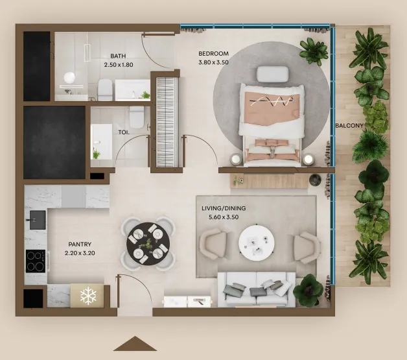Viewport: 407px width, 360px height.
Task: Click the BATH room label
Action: click(118, 56)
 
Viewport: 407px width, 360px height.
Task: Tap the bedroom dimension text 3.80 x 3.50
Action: click(213, 62)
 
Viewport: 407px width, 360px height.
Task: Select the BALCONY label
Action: click(349, 126)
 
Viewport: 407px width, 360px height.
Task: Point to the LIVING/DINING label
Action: click(224, 208)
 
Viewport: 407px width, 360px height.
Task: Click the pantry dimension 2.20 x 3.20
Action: click(80, 253)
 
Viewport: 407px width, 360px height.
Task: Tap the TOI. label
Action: click(124, 132)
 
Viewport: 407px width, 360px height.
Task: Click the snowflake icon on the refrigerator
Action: click(88, 296)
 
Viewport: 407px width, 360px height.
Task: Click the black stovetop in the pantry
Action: click(36, 261)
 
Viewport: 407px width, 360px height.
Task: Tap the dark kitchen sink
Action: click(38, 220)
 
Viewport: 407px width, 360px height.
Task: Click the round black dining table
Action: click(148, 244)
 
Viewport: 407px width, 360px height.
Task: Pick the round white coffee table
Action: click(257, 243)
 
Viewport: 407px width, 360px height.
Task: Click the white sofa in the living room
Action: click(257, 289)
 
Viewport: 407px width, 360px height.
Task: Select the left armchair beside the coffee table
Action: click(213, 244)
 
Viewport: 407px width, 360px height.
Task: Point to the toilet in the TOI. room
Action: click(136, 117)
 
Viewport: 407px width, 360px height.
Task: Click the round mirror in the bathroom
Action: click(69, 78)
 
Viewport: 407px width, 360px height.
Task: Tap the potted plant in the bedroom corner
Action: click(314, 51)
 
